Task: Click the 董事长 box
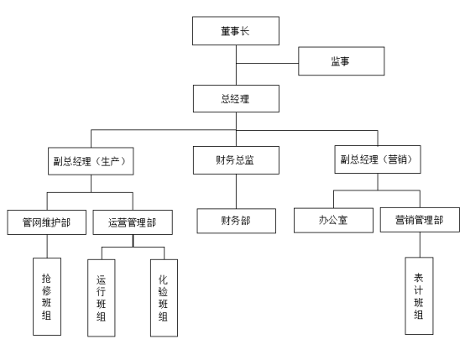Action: pyautogui.click(x=236, y=31)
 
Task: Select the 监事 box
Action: pyautogui.click(x=342, y=61)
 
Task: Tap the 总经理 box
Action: pyautogui.click(x=236, y=99)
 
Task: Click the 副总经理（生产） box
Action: pyautogui.click(x=91, y=161)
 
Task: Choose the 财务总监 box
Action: pyautogui.click(x=236, y=160)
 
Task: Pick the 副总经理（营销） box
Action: pyautogui.click(x=378, y=159)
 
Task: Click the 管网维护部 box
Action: pyautogui.click(x=47, y=222)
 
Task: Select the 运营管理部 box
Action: pyautogui.click(x=133, y=222)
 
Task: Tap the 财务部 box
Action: pyautogui.click(x=237, y=221)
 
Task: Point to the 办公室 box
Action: pyautogui.click(x=333, y=221)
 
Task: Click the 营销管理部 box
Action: pyautogui.click(x=420, y=220)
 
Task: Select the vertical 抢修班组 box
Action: pyautogui.click(x=47, y=296)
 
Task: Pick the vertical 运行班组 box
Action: pyautogui.click(x=102, y=298)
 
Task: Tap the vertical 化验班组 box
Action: pyautogui.click(x=164, y=298)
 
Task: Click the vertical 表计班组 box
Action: pyautogui.click(x=420, y=296)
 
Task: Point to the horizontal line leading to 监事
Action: pyautogui.click(x=267, y=63)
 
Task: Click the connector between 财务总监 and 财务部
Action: pyautogui.click(x=237, y=191)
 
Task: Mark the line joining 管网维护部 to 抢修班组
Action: pyautogui.click(x=47, y=246)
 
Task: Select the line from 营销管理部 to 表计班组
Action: pyautogui.click(x=420, y=245)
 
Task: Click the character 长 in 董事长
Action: pyautogui.click(x=245, y=31)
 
